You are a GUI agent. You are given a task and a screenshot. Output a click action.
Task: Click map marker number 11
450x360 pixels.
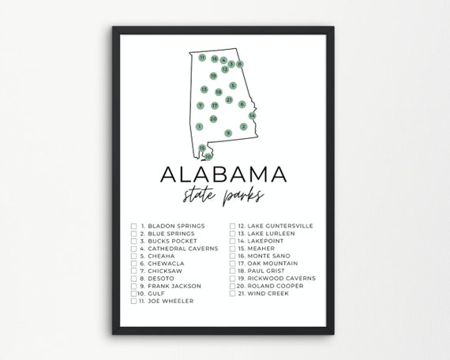[202, 58]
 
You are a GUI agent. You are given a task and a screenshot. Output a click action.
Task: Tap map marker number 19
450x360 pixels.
[213, 76]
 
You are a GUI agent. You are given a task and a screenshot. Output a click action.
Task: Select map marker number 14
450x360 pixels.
[252, 115]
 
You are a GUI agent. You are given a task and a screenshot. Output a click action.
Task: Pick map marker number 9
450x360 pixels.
[228, 133]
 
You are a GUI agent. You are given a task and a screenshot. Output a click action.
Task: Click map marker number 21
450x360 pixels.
[229, 100]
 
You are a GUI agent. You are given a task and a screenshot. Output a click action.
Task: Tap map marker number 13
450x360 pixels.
[204, 89]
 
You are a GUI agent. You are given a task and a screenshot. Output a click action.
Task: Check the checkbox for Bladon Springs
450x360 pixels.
[134, 227]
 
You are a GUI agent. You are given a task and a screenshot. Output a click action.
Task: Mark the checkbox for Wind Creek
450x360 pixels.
[234, 293]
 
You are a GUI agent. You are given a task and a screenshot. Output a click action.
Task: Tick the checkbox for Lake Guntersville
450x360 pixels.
[234, 227]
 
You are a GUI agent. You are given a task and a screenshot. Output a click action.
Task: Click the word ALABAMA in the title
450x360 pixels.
[224, 174]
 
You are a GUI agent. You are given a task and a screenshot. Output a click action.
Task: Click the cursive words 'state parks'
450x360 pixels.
[224, 196]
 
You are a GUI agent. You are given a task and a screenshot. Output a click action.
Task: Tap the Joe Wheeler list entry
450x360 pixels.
[165, 301]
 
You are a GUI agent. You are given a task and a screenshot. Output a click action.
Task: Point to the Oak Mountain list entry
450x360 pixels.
[272, 264]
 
